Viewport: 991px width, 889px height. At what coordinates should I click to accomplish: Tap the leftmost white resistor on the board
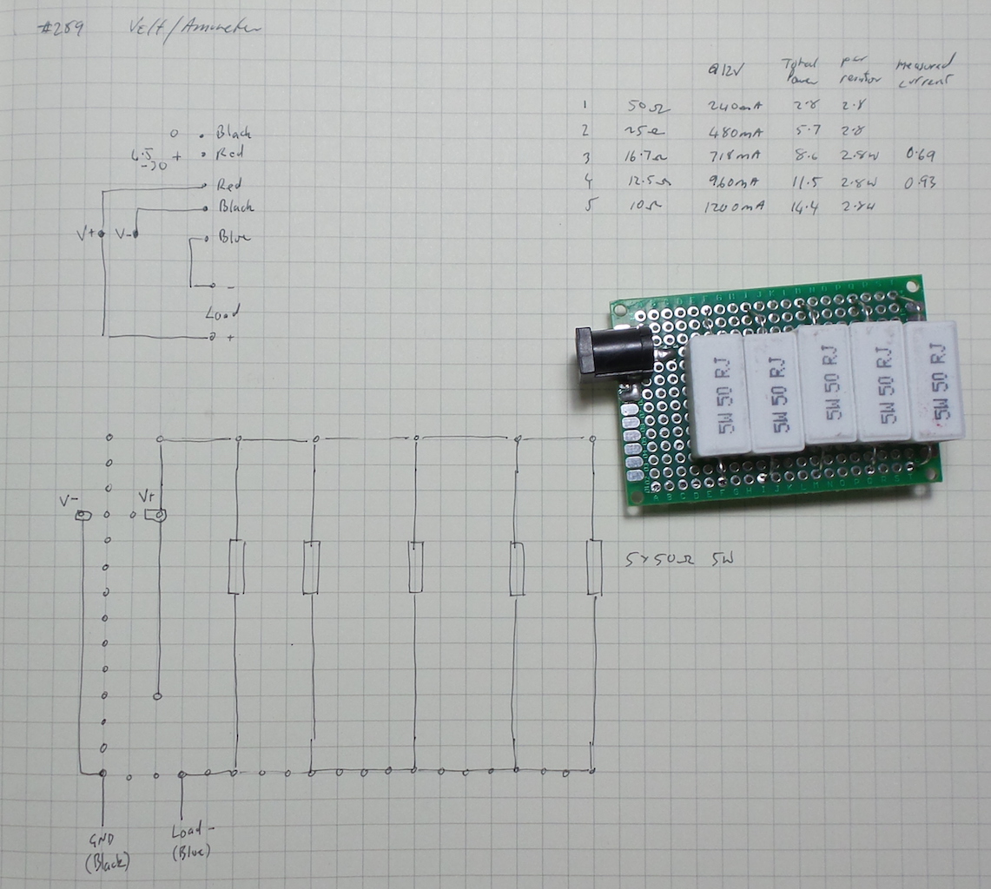[x=719, y=395]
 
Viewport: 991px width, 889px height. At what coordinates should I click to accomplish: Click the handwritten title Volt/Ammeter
[x=193, y=28]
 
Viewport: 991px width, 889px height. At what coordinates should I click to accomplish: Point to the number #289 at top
[x=61, y=28]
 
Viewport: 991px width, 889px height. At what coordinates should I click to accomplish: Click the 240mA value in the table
[x=736, y=107]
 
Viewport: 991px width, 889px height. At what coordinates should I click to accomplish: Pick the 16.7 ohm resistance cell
[x=645, y=157]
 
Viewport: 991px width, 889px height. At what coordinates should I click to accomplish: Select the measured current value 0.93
[x=919, y=182]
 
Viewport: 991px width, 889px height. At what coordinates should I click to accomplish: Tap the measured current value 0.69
[x=919, y=155]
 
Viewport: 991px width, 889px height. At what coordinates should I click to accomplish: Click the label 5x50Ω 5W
[x=679, y=561]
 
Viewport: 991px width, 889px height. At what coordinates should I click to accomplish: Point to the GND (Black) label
[x=107, y=851]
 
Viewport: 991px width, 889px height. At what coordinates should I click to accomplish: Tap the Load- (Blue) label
[x=191, y=840]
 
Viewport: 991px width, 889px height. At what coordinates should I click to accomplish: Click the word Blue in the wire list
[x=235, y=236]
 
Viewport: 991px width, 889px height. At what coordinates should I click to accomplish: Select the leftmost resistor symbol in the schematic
[x=235, y=567]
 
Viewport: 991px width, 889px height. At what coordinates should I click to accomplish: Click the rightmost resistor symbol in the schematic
[x=594, y=567]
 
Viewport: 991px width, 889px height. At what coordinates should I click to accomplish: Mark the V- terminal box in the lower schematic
[x=83, y=517]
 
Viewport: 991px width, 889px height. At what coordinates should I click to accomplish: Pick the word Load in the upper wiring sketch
[x=222, y=312]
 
